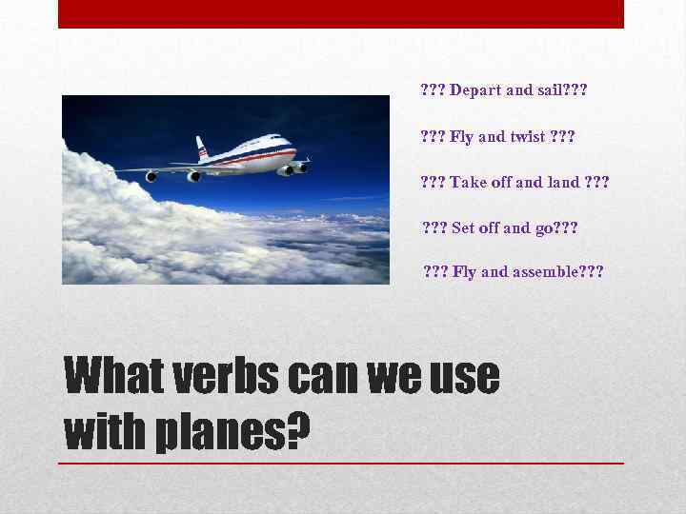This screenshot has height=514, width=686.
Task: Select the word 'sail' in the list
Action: (x=551, y=90)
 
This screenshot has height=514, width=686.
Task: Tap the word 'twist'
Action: (x=527, y=136)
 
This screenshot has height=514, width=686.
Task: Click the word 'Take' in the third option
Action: (x=469, y=182)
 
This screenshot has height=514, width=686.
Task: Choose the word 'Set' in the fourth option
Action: (x=463, y=227)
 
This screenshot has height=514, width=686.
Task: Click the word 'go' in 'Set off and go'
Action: (x=543, y=227)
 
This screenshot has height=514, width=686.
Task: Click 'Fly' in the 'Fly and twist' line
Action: (x=461, y=136)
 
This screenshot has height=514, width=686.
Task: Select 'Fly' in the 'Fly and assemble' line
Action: (x=464, y=272)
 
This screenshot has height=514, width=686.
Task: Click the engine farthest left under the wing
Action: (x=151, y=176)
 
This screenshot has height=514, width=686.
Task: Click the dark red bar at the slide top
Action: (x=341, y=13)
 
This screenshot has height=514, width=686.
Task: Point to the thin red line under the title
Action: (x=341, y=463)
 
